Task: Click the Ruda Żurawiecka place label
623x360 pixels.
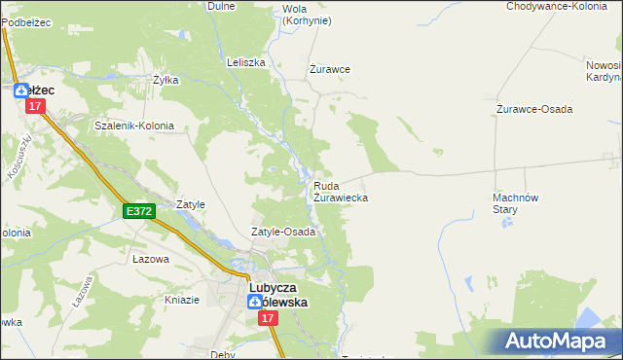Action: [x=340, y=191]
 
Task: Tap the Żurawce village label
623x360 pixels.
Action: [x=329, y=69]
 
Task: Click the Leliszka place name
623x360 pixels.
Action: [x=245, y=62]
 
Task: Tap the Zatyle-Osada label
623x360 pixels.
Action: [x=283, y=233]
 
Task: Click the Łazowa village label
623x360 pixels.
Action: [x=151, y=260]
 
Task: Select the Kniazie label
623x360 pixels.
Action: [x=182, y=299]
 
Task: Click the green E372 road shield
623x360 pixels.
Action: [x=139, y=210]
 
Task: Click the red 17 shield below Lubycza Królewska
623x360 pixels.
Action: [x=267, y=334]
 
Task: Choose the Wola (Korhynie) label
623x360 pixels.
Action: [x=306, y=15]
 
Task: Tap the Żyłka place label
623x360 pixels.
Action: [x=165, y=80]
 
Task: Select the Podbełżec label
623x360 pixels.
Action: [x=25, y=6]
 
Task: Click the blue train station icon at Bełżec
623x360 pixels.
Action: [x=20, y=90]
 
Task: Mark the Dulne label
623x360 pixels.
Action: [x=222, y=6]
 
